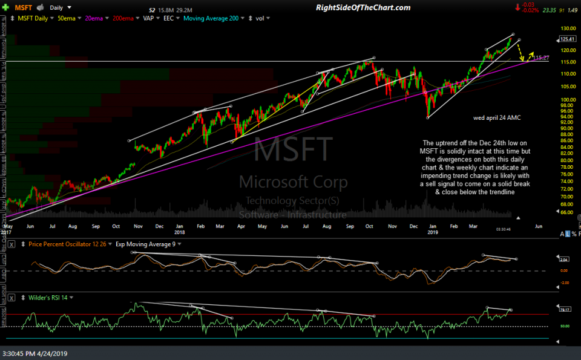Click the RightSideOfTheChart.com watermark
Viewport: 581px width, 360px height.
pos(363,7)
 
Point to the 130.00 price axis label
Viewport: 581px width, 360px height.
pos(566,29)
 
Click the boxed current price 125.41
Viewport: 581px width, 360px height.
pos(567,39)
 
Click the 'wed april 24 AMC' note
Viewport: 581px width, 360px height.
pos(498,117)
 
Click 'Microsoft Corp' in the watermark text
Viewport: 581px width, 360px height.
pos(293,182)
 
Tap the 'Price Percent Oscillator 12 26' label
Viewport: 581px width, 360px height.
pos(67,244)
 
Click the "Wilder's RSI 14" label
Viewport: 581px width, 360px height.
pos(49,298)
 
